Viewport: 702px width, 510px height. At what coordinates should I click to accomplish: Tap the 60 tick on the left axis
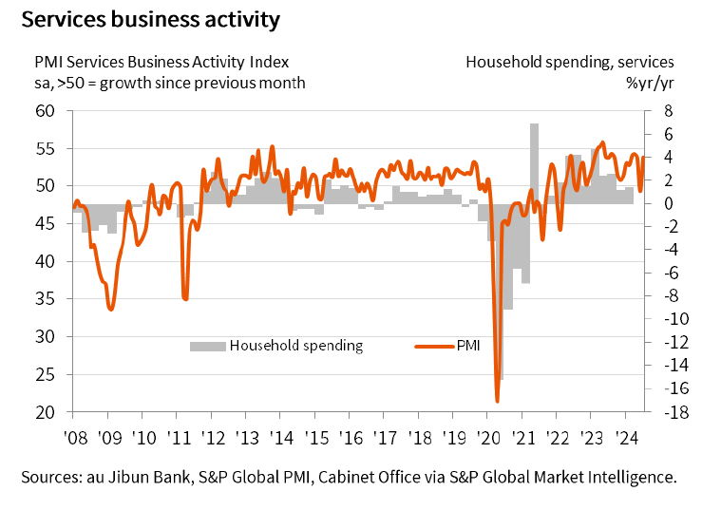point(46,111)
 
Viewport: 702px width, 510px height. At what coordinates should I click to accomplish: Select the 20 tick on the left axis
point(46,412)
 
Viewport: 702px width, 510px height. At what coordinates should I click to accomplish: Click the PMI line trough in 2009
point(111,309)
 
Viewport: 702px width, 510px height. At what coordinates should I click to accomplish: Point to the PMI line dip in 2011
point(185,299)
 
